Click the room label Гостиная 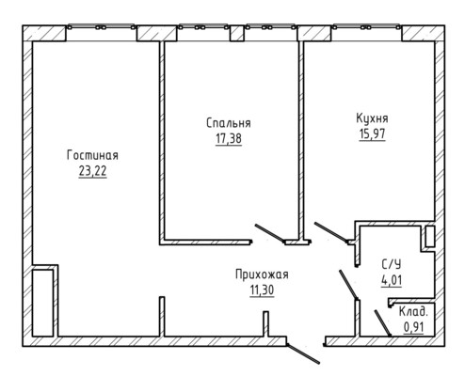(92, 155)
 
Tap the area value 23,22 (92, 171)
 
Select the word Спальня (229, 123)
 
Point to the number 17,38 (229, 138)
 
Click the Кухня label (372, 118)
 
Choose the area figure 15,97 (372, 134)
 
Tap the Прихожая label (262, 274)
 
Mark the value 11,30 (262, 290)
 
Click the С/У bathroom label (392, 265)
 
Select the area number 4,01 (392, 280)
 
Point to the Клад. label (413, 312)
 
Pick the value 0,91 (413, 327)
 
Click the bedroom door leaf (270, 233)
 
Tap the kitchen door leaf (331, 232)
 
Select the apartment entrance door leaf (303, 353)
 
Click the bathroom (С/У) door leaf (348, 285)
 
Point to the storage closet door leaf (382, 323)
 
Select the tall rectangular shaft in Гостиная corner (42, 303)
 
